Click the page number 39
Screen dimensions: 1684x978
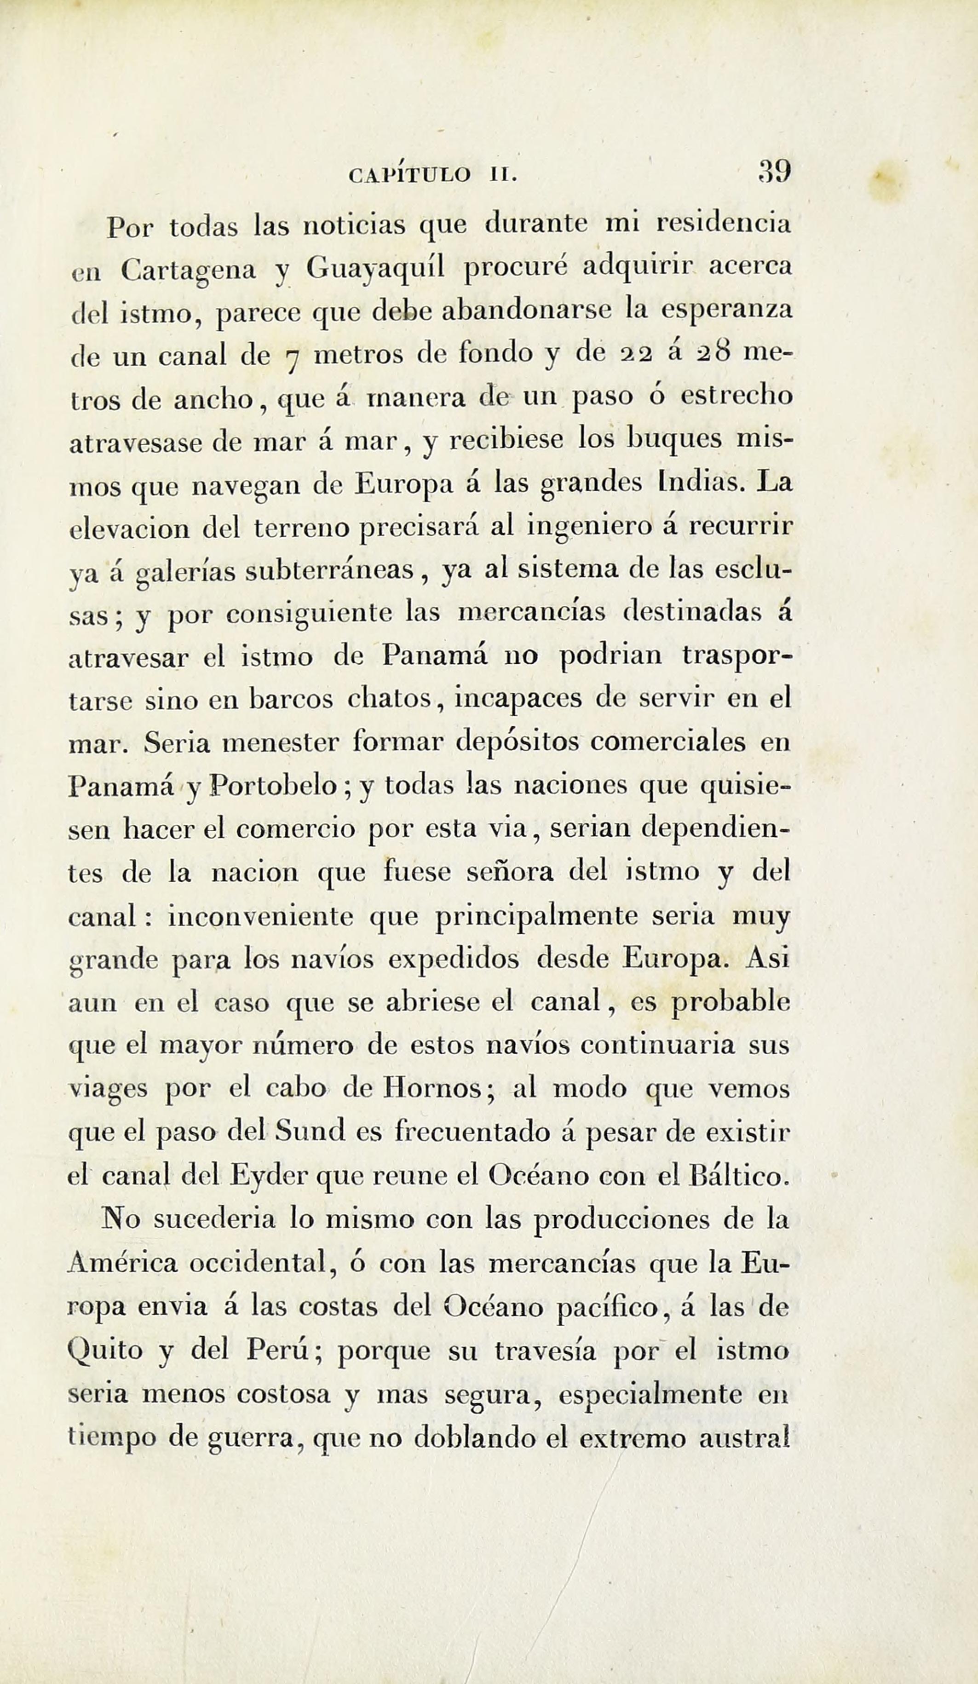[775, 172]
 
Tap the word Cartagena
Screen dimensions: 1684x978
[189, 269]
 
